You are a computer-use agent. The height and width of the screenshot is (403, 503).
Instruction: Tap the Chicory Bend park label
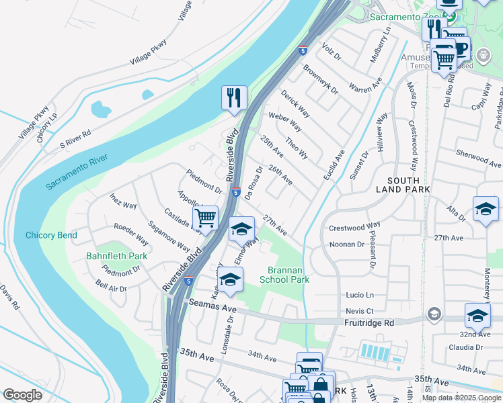click(x=51, y=236)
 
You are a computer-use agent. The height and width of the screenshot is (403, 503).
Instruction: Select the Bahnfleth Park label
click(x=116, y=257)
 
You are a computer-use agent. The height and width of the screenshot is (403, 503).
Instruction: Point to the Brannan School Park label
click(x=284, y=275)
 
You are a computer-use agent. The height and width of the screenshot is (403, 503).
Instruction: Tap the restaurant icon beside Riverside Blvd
click(x=234, y=98)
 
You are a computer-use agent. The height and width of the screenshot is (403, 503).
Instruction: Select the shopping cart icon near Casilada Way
click(x=205, y=218)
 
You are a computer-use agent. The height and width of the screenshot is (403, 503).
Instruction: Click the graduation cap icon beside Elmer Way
click(x=241, y=229)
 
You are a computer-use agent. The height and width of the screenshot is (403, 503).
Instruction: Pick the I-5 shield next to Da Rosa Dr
click(x=236, y=192)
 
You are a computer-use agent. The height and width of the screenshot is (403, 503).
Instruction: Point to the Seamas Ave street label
click(x=213, y=308)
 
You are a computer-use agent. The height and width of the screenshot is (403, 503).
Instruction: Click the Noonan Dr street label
click(x=346, y=244)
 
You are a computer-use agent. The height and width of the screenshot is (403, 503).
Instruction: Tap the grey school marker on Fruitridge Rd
click(x=434, y=314)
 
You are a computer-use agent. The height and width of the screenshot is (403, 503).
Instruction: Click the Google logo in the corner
click(x=22, y=395)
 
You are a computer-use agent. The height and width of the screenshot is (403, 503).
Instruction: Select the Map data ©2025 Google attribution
click(x=461, y=398)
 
